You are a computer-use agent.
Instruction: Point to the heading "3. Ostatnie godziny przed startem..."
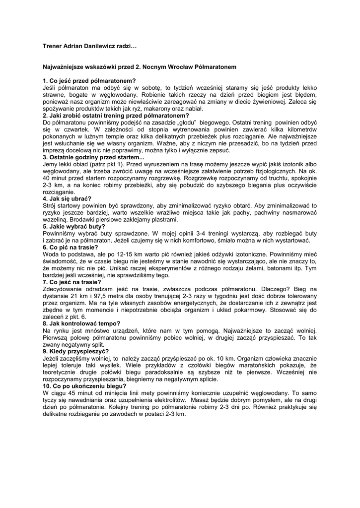point(94,157)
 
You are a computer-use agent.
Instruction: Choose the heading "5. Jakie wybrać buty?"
point(74,226)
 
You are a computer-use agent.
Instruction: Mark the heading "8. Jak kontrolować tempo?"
point(82,323)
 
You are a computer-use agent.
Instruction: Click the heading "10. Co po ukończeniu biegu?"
point(85,385)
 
